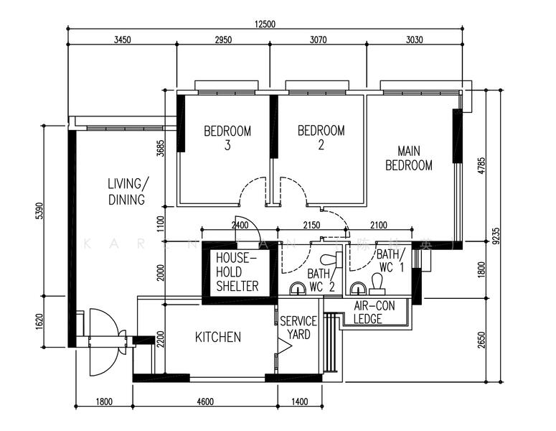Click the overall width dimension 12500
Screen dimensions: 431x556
265,24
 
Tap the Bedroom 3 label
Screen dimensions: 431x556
227,137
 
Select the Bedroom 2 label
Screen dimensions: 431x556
321,137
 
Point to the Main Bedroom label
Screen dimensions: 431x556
409,158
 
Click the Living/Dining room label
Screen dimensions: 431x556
127,191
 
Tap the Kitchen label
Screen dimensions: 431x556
218,337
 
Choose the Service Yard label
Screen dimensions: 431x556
295,328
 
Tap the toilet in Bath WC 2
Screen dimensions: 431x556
329,259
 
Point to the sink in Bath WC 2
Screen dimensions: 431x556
297,289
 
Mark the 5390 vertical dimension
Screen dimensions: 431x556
41,210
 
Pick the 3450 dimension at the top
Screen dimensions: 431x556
122,40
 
